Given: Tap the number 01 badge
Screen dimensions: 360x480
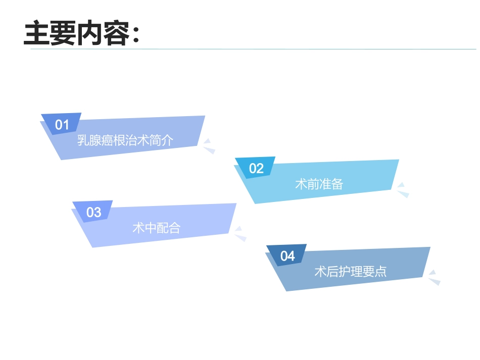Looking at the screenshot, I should pyautogui.click(x=62, y=125).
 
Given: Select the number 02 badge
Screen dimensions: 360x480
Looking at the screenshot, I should pyautogui.click(x=256, y=169).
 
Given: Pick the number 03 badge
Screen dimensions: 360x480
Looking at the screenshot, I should pyautogui.click(x=93, y=212).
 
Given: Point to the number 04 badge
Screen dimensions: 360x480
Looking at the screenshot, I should pyautogui.click(x=287, y=256).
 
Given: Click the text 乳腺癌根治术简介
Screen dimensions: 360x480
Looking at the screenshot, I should pyautogui.click(x=125, y=140).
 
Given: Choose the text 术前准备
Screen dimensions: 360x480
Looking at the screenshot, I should pyautogui.click(x=319, y=184).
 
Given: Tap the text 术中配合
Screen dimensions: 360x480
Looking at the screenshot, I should pyautogui.click(x=156, y=228).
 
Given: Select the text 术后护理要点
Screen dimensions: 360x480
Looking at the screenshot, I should pyautogui.click(x=350, y=272).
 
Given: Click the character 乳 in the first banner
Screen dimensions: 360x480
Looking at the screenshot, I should pyautogui.click(x=83, y=140).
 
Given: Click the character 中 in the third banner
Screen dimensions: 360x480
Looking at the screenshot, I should pyautogui.click(x=150, y=228).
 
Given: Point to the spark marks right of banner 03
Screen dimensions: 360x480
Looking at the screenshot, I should pyautogui.click(x=240, y=233).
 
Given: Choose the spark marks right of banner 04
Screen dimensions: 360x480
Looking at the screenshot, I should pyautogui.click(x=434, y=277).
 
